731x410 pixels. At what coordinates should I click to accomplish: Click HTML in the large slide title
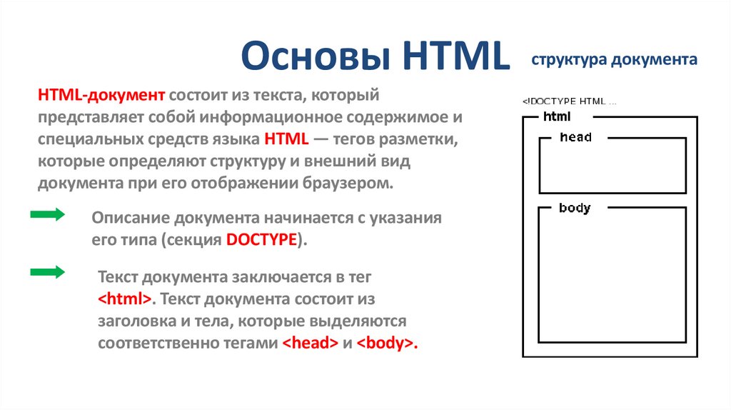(x=456, y=58)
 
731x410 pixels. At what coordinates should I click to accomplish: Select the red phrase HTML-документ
(x=102, y=95)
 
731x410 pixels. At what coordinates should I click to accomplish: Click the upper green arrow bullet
(x=48, y=216)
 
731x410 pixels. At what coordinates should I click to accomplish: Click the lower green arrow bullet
(x=48, y=271)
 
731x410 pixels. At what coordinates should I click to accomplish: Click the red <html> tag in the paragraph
(x=124, y=298)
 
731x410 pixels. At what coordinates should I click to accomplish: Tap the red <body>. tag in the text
(x=387, y=343)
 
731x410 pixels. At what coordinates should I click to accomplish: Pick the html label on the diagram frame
(x=557, y=116)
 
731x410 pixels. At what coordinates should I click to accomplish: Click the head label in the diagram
(x=575, y=137)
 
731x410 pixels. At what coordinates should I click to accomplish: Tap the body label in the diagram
(x=575, y=209)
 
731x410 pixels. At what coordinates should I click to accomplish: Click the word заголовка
(x=134, y=321)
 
